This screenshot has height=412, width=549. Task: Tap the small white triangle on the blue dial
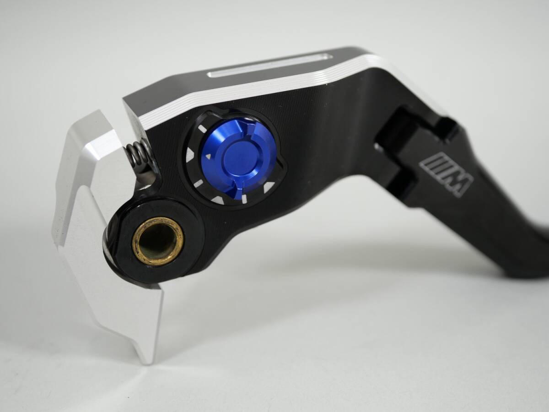tap(208, 156)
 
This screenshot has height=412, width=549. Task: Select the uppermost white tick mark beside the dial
tap(202, 129)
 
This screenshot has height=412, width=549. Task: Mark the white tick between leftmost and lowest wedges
tap(199, 184)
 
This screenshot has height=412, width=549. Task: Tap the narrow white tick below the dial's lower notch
tap(244, 198)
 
